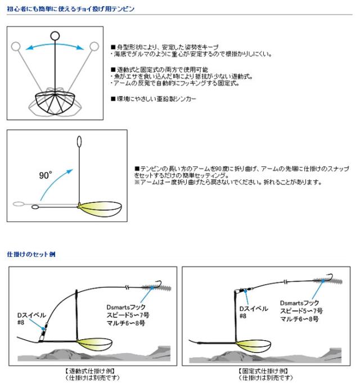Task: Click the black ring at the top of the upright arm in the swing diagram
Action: (x=54, y=36)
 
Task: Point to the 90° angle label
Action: (x=46, y=175)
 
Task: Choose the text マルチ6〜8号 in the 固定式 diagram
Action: (x=300, y=318)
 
